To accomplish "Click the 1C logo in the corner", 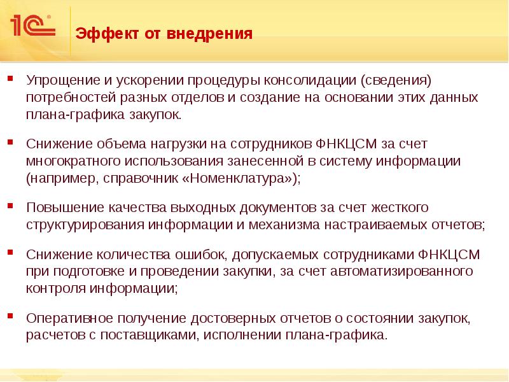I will (x=32, y=27).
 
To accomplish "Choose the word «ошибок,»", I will (x=211, y=254).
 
